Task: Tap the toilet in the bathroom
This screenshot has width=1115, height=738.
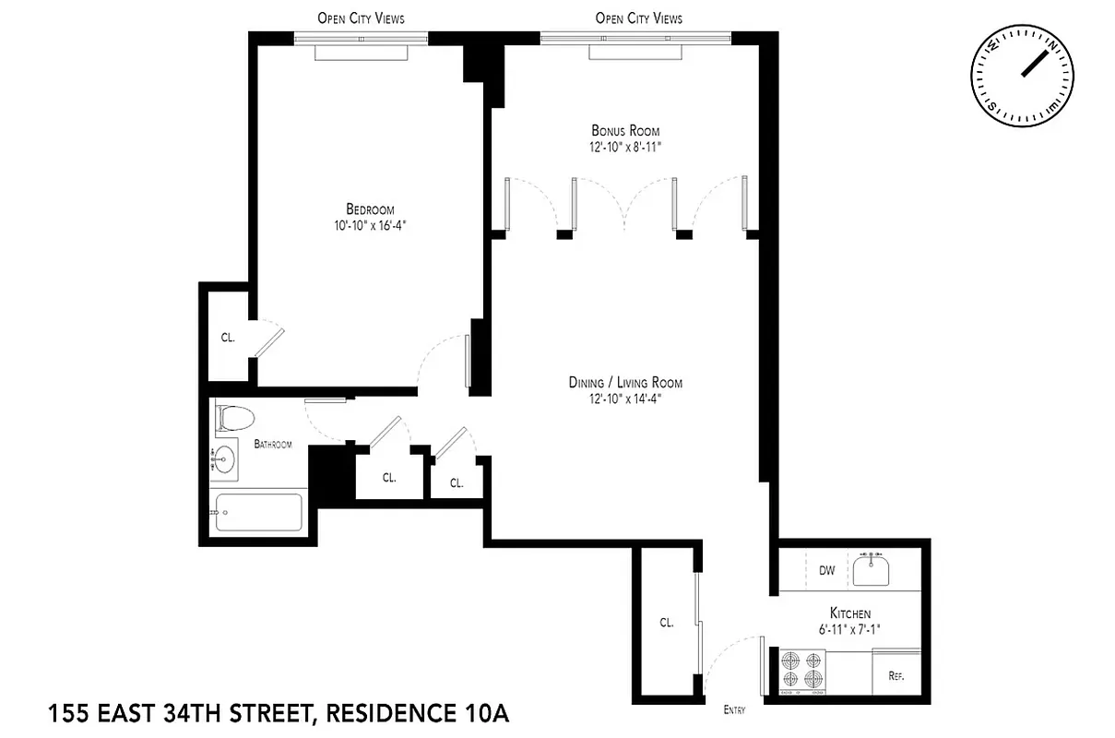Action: point(235,421)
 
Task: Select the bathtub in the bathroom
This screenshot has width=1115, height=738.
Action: point(259,513)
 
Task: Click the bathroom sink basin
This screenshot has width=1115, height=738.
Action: point(224,458)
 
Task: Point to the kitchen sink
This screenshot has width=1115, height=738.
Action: point(870,570)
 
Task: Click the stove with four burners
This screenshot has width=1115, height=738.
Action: point(801,669)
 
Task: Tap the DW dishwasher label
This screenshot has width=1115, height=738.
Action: point(826,571)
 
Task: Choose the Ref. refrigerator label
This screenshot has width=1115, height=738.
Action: point(896,676)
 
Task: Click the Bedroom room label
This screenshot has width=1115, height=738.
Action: point(370,209)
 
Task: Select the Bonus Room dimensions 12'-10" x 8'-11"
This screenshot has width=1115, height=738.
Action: point(625,147)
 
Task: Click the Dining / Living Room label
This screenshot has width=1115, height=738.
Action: point(625,383)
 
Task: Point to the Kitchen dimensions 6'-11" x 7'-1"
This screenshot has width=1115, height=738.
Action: point(849,629)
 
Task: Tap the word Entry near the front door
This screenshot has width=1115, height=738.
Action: point(734,710)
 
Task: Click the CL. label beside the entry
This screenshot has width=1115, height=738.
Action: point(666,623)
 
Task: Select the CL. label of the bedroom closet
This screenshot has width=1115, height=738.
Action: point(228,338)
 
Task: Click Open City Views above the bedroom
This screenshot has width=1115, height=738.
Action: point(361,18)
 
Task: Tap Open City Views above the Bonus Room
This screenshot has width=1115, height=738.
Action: point(638,18)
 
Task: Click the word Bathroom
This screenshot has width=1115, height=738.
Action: point(273,445)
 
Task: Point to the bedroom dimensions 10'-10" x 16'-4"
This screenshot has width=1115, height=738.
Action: point(370,224)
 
